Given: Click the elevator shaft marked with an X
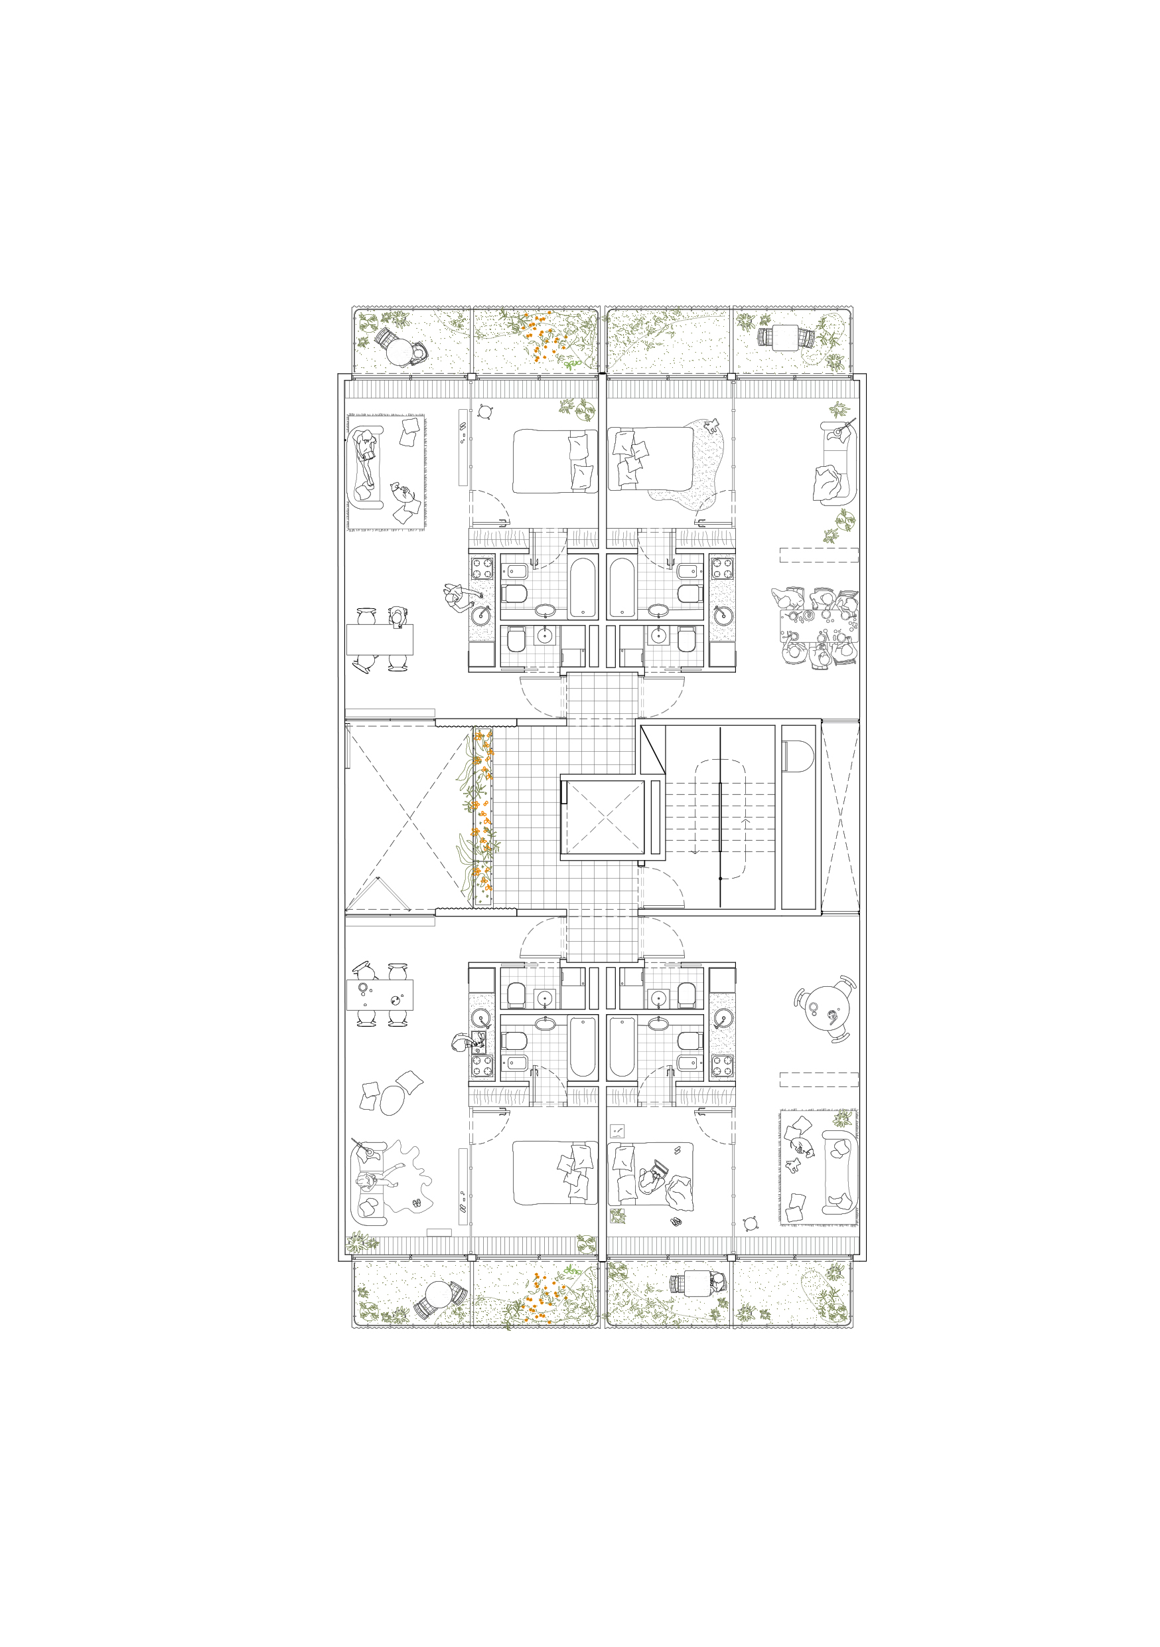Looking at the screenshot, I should click(x=605, y=817).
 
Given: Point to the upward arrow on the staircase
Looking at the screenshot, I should click(x=746, y=822).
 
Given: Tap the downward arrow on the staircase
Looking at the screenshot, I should click(x=695, y=850).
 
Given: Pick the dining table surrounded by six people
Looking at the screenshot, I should click(x=818, y=627).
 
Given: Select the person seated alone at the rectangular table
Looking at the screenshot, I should click(x=398, y=616).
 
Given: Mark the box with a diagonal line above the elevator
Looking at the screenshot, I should click(x=652, y=750).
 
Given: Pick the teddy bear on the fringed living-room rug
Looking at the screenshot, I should click(x=794, y=1166).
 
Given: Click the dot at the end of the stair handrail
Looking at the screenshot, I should click(x=720, y=878).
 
